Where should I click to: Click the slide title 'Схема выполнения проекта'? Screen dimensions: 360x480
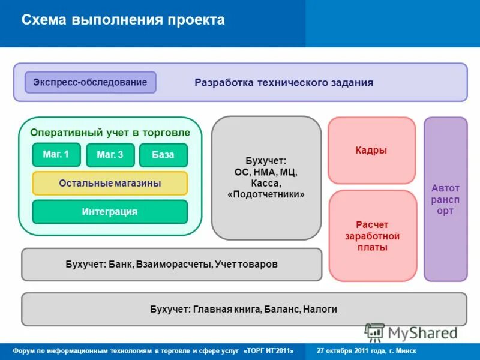123,20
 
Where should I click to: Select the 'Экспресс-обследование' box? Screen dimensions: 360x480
90,82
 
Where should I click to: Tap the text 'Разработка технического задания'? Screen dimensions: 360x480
284,83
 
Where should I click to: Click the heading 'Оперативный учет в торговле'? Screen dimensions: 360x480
110,133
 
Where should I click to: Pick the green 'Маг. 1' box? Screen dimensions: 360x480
56,155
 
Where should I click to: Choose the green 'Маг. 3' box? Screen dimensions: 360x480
110,155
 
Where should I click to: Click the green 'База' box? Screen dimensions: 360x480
163,155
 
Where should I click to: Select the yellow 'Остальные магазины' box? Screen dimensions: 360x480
110,183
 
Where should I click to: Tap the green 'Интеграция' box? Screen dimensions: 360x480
110,211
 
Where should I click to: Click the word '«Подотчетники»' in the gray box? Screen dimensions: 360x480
266,195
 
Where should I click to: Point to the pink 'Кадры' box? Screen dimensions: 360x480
371,151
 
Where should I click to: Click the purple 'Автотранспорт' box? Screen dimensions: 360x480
445,199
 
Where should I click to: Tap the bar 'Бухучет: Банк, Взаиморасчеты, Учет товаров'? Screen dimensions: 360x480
172,264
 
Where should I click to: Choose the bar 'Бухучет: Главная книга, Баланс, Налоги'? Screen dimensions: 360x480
244,309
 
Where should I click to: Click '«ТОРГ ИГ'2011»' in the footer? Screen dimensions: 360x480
269,350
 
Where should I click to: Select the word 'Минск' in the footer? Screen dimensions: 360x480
406,350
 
